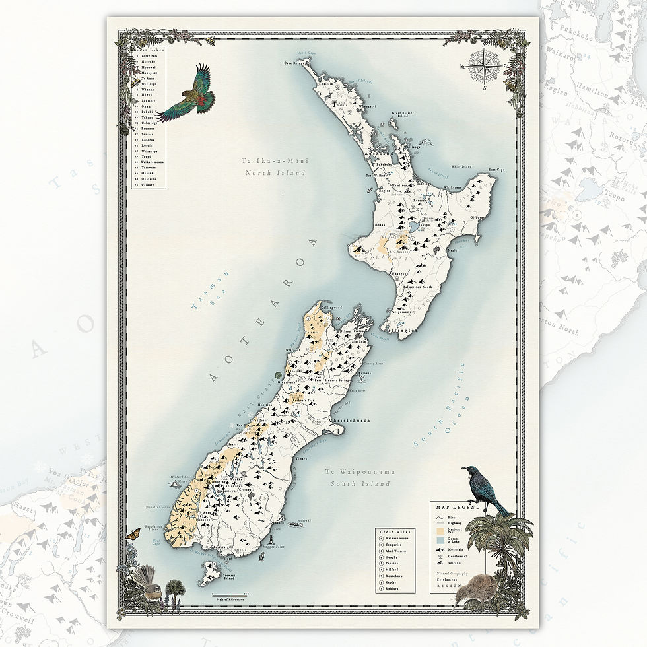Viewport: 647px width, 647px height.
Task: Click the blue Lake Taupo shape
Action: [414, 228]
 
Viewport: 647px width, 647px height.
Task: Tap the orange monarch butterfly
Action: [133, 533]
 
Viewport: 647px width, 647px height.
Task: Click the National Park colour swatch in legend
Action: [439, 530]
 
